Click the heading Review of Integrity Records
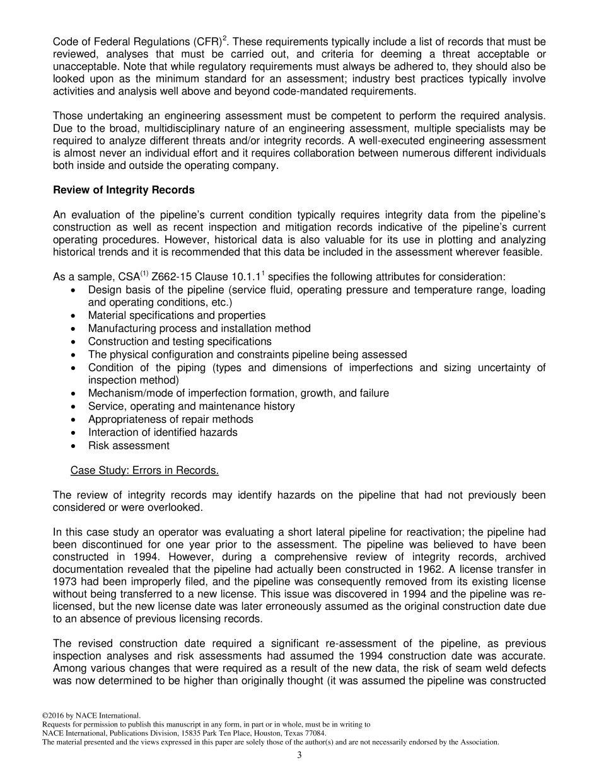click(x=124, y=190)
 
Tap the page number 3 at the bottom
click(x=299, y=755)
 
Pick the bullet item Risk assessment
click(x=129, y=445)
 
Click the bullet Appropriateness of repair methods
click(x=170, y=419)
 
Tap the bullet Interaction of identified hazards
click(x=163, y=432)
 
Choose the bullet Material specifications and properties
click(x=177, y=315)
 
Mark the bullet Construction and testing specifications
click(x=180, y=341)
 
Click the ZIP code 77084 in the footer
click(x=314, y=733)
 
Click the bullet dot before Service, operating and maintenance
click(x=75, y=406)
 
